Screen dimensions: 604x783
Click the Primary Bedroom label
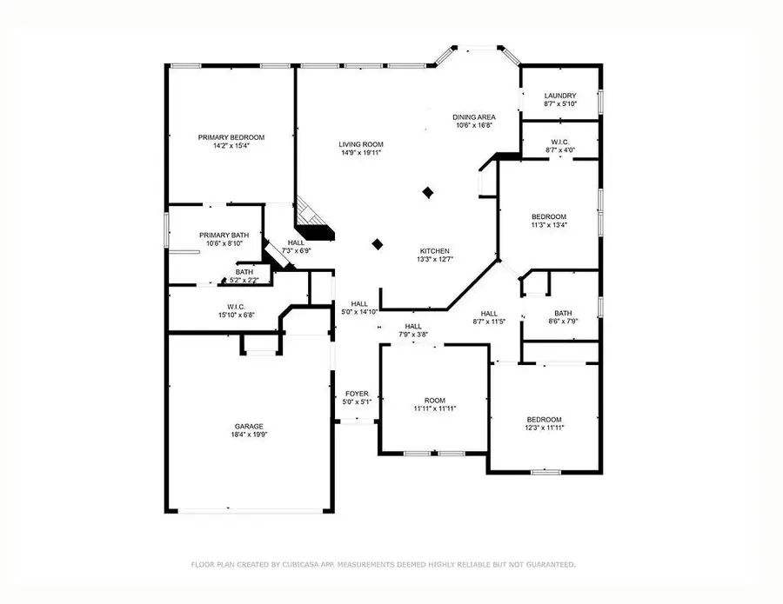pyautogui.click(x=231, y=137)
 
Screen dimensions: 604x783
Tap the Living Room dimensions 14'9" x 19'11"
pyautogui.click(x=360, y=153)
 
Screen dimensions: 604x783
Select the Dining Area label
pyautogui.click(x=473, y=116)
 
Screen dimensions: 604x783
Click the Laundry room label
pyautogui.click(x=560, y=96)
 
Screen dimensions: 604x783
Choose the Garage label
pyautogui.click(x=248, y=427)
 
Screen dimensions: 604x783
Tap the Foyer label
pyautogui.click(x=357, y=394)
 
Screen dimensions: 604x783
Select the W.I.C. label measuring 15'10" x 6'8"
pyautogui.click(x=236, y=306)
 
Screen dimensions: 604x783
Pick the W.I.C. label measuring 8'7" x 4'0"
pyautogui.click(x=559, y=142)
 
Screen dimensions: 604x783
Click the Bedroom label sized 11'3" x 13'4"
pyautogui.click(x=549, y=216)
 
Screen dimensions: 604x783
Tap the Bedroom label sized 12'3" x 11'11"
pyautogui.click(x=544, y=419)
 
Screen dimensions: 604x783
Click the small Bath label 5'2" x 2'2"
pyautogui.click(x=244, y=272)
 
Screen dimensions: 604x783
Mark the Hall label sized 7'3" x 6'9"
pyautogui.click(x=296, y=243)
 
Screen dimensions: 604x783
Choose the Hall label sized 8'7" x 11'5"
pyautogui.click(x=489, y=313)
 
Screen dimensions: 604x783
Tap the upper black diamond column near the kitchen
pyautogui.click(x=427, y=192)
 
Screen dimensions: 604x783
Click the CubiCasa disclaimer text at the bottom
pyautogui.click(x=383, y=565)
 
